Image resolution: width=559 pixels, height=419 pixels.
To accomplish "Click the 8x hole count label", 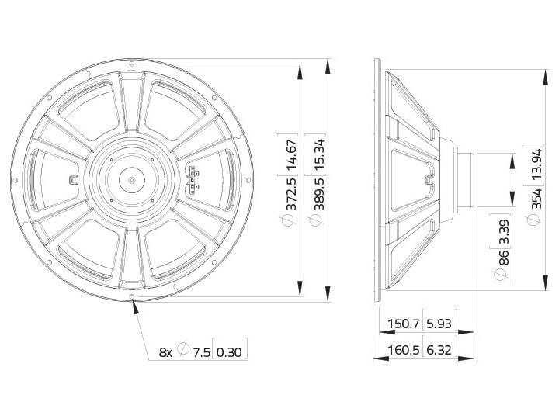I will pyautogui.click(x=165, y=351).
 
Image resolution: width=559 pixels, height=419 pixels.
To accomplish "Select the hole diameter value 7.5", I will pyautogui.click(x=200, y=351).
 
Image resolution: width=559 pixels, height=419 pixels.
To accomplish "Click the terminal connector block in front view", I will pyautogui.click(x=194, y=180).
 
